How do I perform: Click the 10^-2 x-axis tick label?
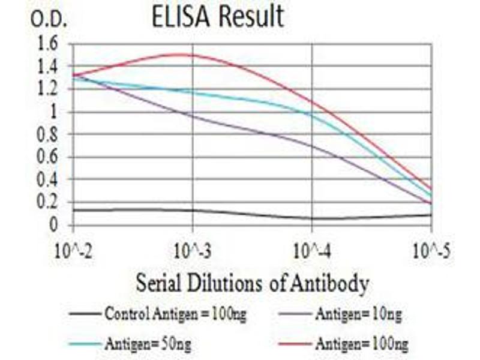[73, 251]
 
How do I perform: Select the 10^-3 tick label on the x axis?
[193, 251]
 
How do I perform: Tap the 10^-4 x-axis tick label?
[312, 251]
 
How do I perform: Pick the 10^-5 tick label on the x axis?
[431, 251]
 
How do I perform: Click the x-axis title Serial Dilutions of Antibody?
[252, 283]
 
